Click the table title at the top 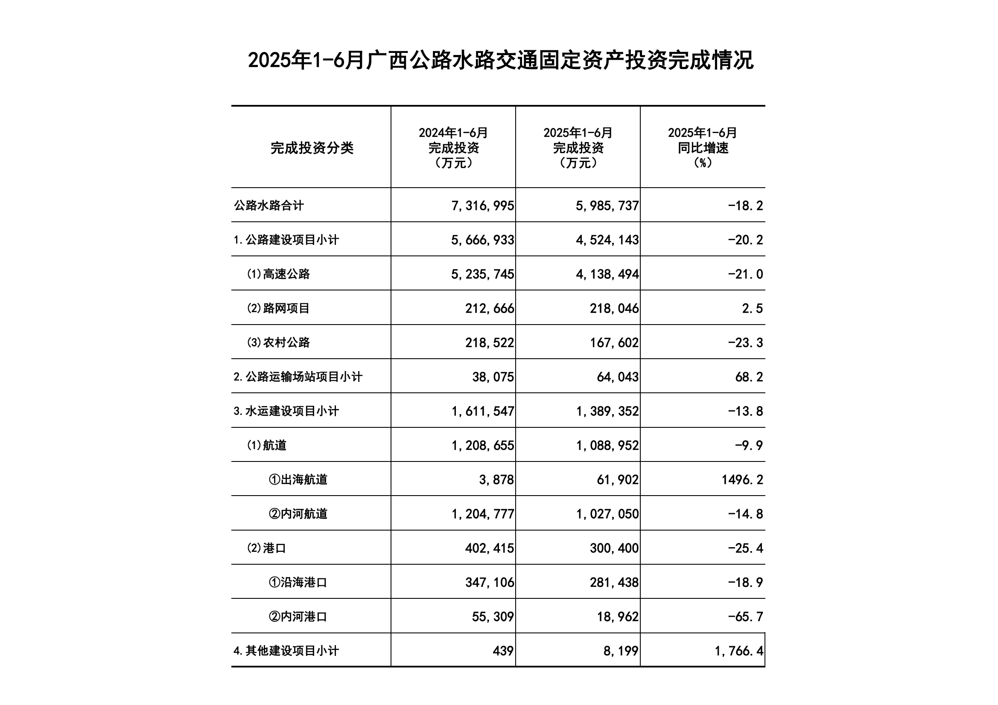point(500,61)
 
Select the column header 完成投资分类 point(312,148)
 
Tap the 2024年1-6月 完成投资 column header point(453,148)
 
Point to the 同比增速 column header point(703,148)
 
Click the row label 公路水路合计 point(268,206)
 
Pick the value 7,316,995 point(482,206)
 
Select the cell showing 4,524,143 point(607,240)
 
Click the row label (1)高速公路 point(278,274)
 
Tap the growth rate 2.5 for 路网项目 point(752,308)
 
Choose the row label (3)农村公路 point(278,343)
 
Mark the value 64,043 point(617,377)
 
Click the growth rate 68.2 point(749,377)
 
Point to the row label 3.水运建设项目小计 point(286,411)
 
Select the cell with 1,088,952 point(607,445)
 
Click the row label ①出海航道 point(298,479)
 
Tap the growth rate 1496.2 point(742,479)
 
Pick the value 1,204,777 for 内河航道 point(482,514)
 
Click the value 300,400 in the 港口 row point(614,548)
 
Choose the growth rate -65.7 point(745,617)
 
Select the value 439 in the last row point(503,651)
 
